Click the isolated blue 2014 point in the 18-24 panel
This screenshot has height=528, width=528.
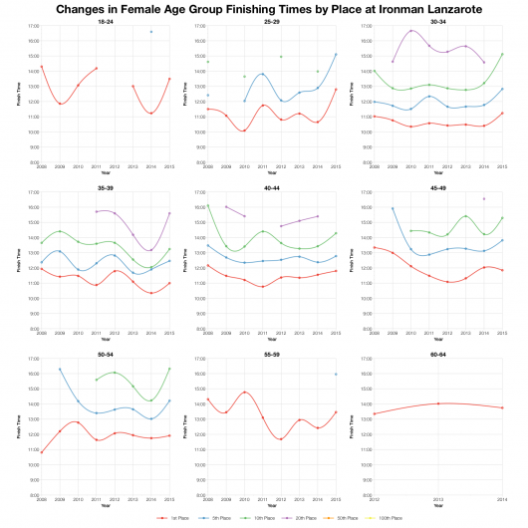pos(151,32)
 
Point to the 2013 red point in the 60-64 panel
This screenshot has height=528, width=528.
pos(439,403)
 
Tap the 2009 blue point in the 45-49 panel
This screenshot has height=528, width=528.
pos(393,208)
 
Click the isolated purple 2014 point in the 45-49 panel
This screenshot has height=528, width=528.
pos(484,198)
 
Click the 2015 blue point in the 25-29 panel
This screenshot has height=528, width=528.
pos(336,54)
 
